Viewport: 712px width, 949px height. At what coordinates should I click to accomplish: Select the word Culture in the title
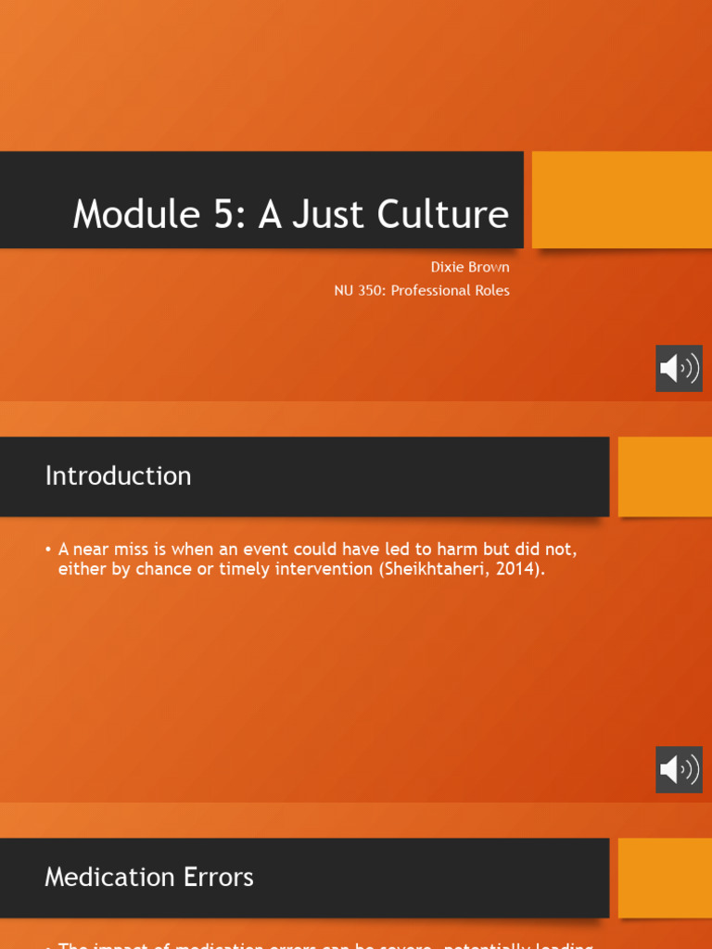(x=442, y=214)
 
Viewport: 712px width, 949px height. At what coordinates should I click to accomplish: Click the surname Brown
(x=489, y=267)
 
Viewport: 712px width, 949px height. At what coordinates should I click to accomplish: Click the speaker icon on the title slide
(x=679, y=368)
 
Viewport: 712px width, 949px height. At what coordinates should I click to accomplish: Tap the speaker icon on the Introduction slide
(x=679, y=769)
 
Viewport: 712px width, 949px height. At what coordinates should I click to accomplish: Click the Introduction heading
(x=118, y=475)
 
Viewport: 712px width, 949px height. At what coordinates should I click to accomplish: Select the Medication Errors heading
(x=148, y=877)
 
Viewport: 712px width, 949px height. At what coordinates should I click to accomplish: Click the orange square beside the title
(x=621, y=199)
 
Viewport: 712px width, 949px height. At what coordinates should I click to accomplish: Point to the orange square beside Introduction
(x=665, y=476)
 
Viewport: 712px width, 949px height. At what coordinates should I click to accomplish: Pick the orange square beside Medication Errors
(x=665, y=878)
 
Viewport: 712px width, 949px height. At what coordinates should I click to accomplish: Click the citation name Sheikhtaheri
(x=430, y=569)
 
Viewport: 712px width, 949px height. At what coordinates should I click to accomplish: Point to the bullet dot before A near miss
(x=48, y=550)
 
